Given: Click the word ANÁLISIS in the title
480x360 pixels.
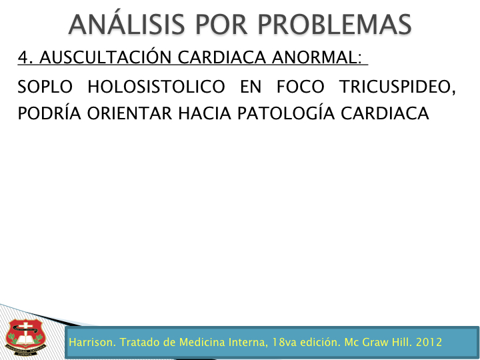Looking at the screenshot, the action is click(127, 23).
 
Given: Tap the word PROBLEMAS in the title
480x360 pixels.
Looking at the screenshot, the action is click(335, 25).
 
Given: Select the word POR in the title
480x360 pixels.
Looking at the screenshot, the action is click(221, 25).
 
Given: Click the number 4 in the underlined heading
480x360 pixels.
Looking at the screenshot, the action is click(23, 57).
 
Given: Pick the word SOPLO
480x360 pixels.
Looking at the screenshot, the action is click(45, 87).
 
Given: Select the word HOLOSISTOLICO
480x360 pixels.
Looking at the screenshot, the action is click(157, 87).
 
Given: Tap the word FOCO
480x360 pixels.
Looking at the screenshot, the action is click(300, 87).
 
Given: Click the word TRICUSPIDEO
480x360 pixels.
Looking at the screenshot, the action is click(397, 87).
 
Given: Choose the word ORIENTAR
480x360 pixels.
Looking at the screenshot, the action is click(129, 113).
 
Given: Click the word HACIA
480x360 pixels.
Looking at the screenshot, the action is click(205, 113).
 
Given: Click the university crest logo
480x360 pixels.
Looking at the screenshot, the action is click(25, 337).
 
